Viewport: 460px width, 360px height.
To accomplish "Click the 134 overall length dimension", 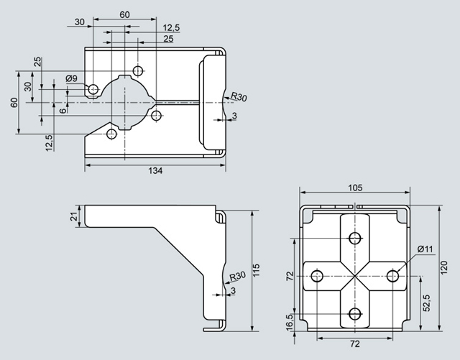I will click(x=155, y=171).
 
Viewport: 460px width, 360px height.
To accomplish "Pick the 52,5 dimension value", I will click(x=427, y=303).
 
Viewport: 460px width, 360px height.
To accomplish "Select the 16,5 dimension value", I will click(x=290, y=320).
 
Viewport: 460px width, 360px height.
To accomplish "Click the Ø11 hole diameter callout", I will click(x=425, y=249).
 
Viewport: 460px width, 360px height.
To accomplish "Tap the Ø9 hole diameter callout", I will click(x=72, y=78).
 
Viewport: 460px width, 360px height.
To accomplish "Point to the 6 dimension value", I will click(x=63, y=110).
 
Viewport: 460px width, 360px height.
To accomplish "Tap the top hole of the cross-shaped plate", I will click(x=353, y=237).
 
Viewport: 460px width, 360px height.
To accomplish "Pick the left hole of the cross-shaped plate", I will click(x=316, y=274).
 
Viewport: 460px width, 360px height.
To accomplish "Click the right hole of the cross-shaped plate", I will click(x=392, y=274).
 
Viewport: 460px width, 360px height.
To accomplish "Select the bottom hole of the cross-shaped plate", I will click(x=353, y=313).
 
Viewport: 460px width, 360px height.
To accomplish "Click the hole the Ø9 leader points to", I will click(x=92, y=88).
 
